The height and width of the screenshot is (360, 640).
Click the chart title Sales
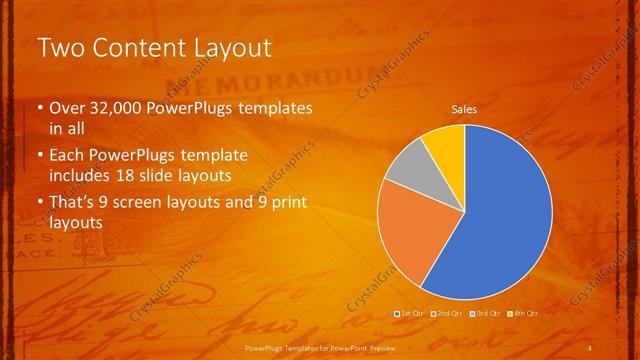[x=464, y=108]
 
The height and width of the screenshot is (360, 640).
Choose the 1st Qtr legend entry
[x=411, y=314]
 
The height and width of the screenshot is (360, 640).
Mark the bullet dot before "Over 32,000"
[x=39, y=108]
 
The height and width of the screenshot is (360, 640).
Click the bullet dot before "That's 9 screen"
[x=39, y=203]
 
